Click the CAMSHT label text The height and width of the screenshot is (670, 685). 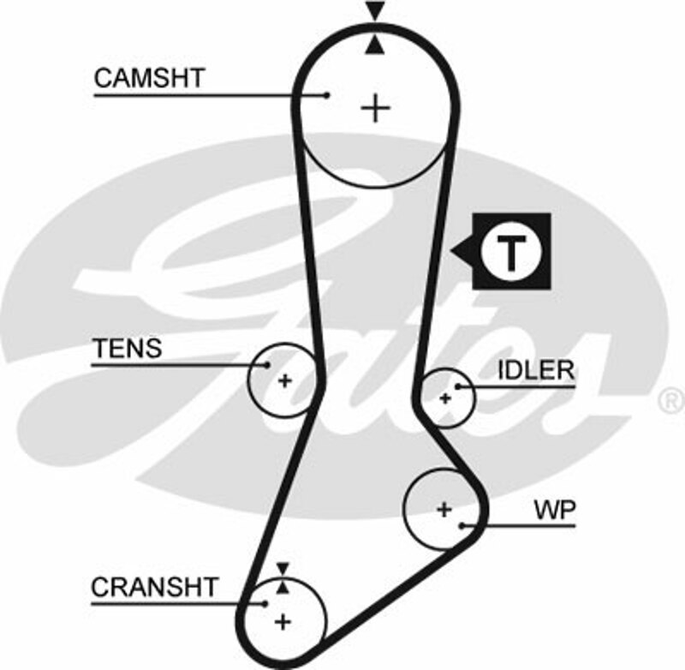[x=149, y=78]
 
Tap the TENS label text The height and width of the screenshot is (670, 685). [x=127, y=349]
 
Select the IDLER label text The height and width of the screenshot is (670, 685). [x=536, y=370]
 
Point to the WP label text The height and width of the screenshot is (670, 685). [x=555, y=511]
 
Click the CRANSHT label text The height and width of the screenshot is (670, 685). [x=167, y=587]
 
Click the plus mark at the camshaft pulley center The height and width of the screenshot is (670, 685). [x=375, y=108]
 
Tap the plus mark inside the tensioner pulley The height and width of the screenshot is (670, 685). [x=284, y=380]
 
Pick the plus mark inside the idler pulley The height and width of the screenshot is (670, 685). [x=444, y=398]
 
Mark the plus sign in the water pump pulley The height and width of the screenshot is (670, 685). [x=444, y=510]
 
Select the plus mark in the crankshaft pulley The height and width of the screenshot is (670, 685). [x=283, y=620]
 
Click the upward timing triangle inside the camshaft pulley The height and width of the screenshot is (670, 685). [x=374, y=47]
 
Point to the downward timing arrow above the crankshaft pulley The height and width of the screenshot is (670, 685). [x=283, y=566]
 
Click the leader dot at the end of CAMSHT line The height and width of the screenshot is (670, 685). [x=328, y=95]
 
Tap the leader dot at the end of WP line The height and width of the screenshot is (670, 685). [x=463, y=524]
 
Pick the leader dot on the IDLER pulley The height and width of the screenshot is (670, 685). [x=459, y=387]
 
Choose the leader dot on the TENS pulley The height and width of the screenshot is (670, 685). [x=267, y=365]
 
